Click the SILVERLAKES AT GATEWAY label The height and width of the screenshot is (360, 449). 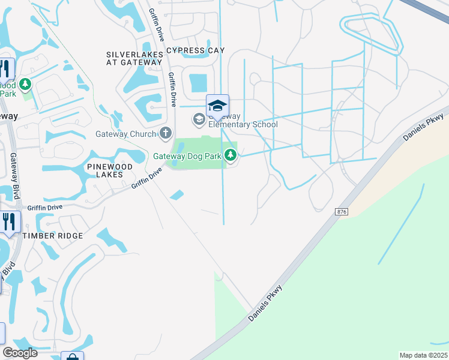[134, 58]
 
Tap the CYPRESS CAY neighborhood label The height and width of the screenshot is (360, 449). [195, 50]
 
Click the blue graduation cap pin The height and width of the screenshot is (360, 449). [217, 106]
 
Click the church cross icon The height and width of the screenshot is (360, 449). [166, 133]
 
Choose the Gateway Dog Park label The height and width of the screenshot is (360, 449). [188, 156]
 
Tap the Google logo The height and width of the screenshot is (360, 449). [20, 353]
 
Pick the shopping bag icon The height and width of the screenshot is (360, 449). [72, 357]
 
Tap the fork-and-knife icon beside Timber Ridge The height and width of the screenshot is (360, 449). [9, 221]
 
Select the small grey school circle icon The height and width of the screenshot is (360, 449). [199, 119]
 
